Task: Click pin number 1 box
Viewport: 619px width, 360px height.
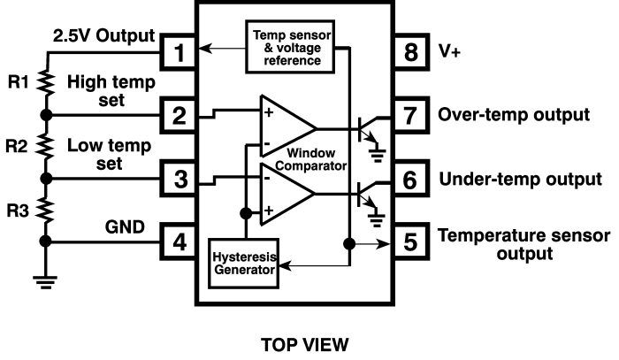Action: (178, 52)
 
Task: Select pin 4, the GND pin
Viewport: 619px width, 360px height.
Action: (178, 241)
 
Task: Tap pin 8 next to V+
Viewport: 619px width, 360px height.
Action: (411, 52)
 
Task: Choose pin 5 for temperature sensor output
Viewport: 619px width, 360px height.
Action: (411, 241)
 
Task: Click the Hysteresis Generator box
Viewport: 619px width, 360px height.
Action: (243, 264)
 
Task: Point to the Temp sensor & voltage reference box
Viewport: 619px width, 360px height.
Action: (290, 47)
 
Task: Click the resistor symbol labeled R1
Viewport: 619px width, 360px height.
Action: (46, 83)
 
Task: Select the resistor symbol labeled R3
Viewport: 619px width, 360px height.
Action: (45, 210)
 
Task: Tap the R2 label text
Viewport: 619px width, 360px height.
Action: (16, 147)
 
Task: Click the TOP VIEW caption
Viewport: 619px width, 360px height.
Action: (305, 345)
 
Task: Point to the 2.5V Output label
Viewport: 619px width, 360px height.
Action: (103, 36)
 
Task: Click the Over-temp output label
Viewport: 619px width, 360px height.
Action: (514, 115)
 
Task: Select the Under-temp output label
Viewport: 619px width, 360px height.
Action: (520, 180)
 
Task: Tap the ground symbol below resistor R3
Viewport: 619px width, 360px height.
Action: (45, 282)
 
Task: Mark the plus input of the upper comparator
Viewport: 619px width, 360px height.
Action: (269, 112)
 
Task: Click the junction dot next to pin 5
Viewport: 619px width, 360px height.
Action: (349, 244)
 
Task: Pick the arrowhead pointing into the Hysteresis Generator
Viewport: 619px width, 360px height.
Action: (285, 265)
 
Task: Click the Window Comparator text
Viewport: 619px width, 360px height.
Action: (311, 159)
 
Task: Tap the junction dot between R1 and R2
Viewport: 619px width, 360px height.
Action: (46, 115)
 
